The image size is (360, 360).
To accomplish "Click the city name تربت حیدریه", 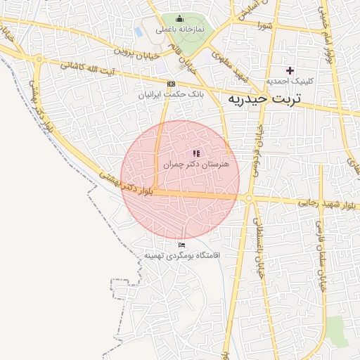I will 264,100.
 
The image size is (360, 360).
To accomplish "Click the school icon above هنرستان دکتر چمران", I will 196,153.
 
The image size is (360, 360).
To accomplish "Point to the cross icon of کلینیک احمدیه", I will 290,70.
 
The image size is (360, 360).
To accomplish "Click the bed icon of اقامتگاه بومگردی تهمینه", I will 182,245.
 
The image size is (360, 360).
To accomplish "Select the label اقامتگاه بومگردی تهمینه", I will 182,255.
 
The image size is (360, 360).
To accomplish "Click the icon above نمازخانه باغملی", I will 179,19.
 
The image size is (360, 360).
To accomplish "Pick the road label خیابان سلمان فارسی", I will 318,245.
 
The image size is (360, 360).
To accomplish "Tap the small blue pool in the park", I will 139,32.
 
